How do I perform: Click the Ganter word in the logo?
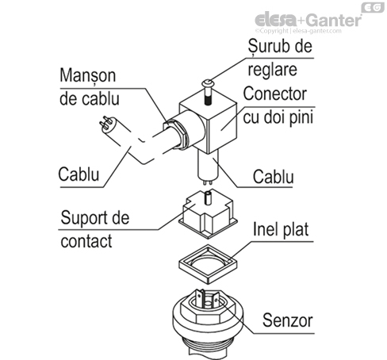330,18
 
